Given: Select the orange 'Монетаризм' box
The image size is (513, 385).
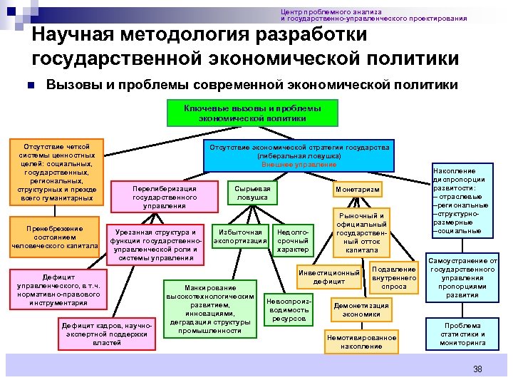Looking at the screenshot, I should click(x=358, y=189).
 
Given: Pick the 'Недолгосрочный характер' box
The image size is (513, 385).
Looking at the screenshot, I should click(x=292, y=240).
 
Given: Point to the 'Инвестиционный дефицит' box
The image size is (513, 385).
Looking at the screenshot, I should click(x=328, y=277).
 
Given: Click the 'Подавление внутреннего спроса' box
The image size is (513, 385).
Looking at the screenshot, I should click(x=394, y=278).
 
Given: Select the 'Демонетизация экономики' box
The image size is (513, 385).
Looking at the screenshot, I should click(x=361, y=309).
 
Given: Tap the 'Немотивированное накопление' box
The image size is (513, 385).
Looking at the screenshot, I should click(x=361, y=342).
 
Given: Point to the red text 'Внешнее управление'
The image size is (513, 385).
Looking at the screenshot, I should click(x=299, y=165).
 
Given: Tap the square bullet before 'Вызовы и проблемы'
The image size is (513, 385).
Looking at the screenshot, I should click(x=31, y=86).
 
